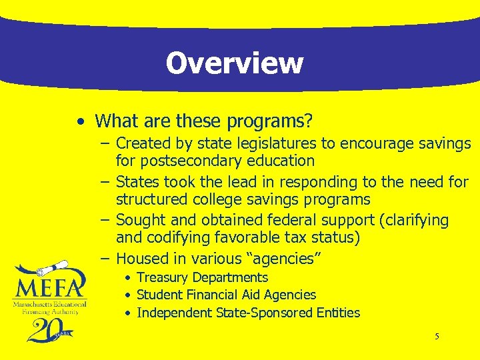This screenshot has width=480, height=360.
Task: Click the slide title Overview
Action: [234, 63]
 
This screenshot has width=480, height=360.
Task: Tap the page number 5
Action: [437, 337]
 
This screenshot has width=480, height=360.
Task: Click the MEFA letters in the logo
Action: [51, 287]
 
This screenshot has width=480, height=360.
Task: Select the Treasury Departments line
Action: [202, 277]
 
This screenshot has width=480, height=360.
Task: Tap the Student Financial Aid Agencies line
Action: [226, 295]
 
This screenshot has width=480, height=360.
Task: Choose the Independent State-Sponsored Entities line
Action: [248, 313]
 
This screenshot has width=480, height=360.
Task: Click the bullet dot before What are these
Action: [80, 122]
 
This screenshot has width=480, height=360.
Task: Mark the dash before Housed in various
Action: [106, 259]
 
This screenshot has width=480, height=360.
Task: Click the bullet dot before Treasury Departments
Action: [127, 277]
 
